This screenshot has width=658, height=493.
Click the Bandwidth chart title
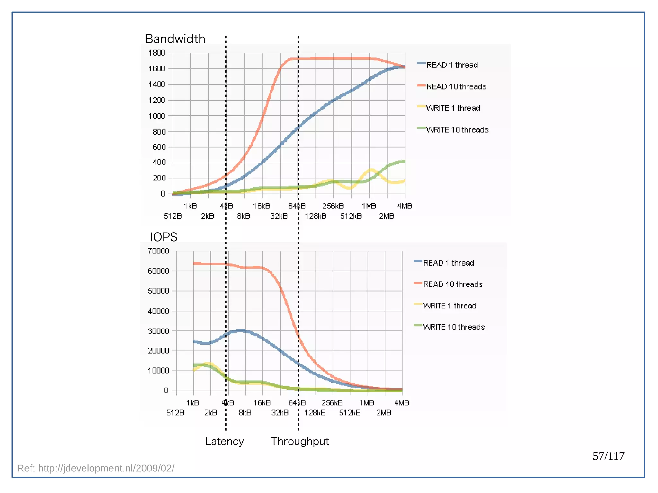pyautogui.click(x=175, y=39)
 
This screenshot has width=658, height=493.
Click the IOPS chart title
pyautogui.click(x=164, y=237)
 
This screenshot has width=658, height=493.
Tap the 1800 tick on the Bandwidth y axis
pyautogui.click(x=156, y=53)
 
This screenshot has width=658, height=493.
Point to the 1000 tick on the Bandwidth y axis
pyautogui.click(x=156, y=116)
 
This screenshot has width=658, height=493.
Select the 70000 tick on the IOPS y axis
pyautogui.click(x=158, y=251)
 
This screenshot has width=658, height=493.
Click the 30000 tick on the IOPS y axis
pyautogui.click(x=158, y=331)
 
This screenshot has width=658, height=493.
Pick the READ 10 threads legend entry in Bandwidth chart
pyautogui.click(x=456, y=86)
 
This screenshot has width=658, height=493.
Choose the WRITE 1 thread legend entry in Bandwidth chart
pyautogui.click(x=453, y=108)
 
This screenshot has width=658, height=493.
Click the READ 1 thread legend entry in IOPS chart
pyautogui.click(x=448, y=263)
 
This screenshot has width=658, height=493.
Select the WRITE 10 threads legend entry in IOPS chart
pyautogui.click(x=453, y=327)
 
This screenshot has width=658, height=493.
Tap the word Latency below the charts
pyautogui.click(x=224, y=441)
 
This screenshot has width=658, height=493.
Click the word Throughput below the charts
pyautogui.click(x=300, y=441)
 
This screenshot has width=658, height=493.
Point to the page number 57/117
pyautogui.click(x=608, y=456)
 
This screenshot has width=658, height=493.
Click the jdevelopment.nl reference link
pyautogui.click(x=96, y=468)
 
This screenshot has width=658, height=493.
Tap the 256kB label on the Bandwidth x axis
pyautogui.click(x=333, y=206)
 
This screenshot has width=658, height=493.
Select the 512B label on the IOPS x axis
pyautogui.click(x=175, y=413)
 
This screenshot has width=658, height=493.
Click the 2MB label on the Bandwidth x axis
pyautogui.click(x=387, y=216)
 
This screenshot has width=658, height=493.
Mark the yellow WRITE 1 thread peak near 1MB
pyautogui.click(x=371, y=170)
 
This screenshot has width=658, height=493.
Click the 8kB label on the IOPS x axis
pyautogui.click(x=245, y=413)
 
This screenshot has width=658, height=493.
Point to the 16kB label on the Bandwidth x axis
pyautogui.click(x=262, y=206)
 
